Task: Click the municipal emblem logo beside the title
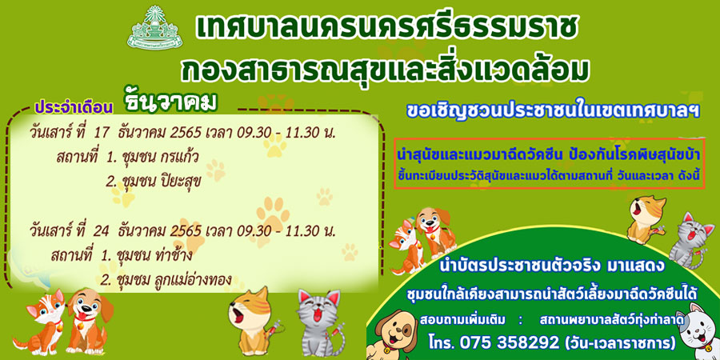point(154,29)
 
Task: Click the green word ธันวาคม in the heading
point(170,102)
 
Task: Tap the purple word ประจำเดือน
point(74,106)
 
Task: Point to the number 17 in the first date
point(101,133)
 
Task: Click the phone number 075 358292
point(512,342)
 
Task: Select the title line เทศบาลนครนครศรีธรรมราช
point(386,30)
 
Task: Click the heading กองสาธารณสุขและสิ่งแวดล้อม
point(385,70)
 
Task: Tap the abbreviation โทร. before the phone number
point(442,342)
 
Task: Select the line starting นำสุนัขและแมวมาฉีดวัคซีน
point(549,156)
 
